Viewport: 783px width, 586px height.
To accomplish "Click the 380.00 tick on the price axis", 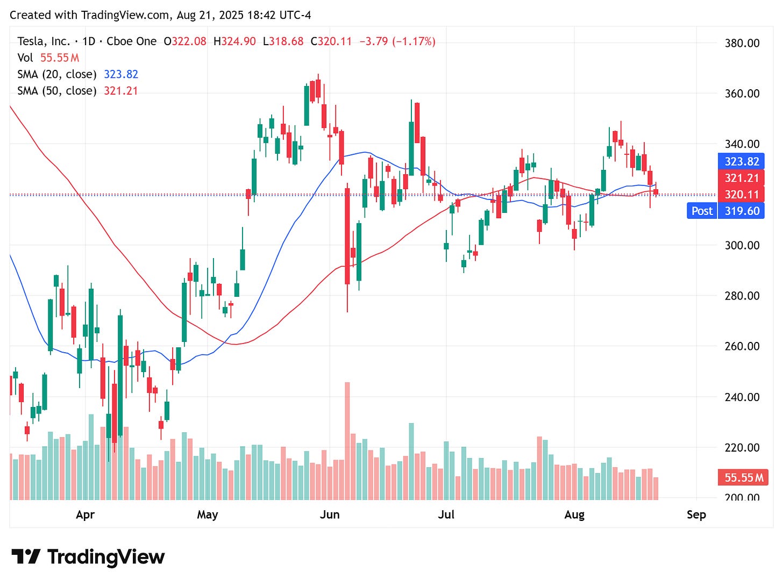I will tap(742, 43).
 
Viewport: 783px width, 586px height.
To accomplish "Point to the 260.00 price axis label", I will tap(742, 346).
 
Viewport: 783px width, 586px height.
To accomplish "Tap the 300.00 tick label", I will tap(742, 245).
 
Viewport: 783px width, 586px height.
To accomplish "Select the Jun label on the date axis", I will tap(329, 514).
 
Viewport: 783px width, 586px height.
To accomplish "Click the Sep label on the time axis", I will tap(696, 514).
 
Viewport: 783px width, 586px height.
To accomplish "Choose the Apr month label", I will tap(85, 514).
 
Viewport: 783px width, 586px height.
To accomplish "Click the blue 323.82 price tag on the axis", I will tap(742, 161).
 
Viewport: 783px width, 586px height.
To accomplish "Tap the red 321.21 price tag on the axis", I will tap(742, 178).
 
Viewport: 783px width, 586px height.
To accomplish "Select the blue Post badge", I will tap(702, 211).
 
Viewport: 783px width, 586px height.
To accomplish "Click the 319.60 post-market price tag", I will tap(742, 211).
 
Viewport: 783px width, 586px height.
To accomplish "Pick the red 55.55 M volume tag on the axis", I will tap(744, 477).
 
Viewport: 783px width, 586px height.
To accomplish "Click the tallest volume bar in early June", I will tap(347, 441).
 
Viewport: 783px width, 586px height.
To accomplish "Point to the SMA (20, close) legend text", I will tap(57, 74).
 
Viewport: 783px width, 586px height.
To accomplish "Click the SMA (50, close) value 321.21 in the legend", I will tap(120, 91).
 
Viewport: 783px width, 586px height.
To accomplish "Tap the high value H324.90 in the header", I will tap(234, 41).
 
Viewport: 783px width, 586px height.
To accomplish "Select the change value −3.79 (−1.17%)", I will tap(397, 41).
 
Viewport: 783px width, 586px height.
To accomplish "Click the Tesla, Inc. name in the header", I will tap(43, 41).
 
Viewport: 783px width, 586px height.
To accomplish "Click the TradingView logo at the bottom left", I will tap(88, 557).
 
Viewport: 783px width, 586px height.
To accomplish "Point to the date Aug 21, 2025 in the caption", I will tap(210, 15).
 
